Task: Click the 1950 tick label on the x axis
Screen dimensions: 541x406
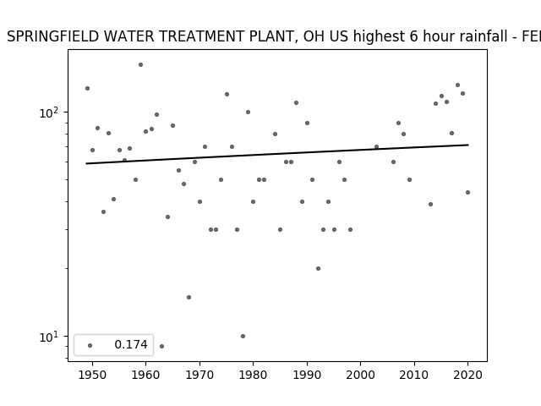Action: (92, 375)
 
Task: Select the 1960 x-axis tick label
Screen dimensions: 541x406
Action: (145, 375)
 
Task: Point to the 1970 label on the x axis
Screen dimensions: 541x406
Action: (199, 375)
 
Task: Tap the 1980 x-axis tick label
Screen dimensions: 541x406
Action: (253, 375)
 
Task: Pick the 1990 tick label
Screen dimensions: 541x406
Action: (307, 375)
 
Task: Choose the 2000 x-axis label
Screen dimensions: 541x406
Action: (360, 375)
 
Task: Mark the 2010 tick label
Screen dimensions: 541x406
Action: (414, 375)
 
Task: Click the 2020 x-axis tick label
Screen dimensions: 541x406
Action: (467, 375)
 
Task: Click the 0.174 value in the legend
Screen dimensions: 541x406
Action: (131, 344)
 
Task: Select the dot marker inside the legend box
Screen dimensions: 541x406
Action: (90, 345)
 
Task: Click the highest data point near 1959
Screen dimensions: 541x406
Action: (141, 65)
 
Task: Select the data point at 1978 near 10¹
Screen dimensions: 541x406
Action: (243, 337)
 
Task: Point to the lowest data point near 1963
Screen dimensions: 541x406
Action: (161, 346)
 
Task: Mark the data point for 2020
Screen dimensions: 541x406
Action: (467, 192)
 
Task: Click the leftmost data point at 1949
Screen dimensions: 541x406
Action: (87, 88)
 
